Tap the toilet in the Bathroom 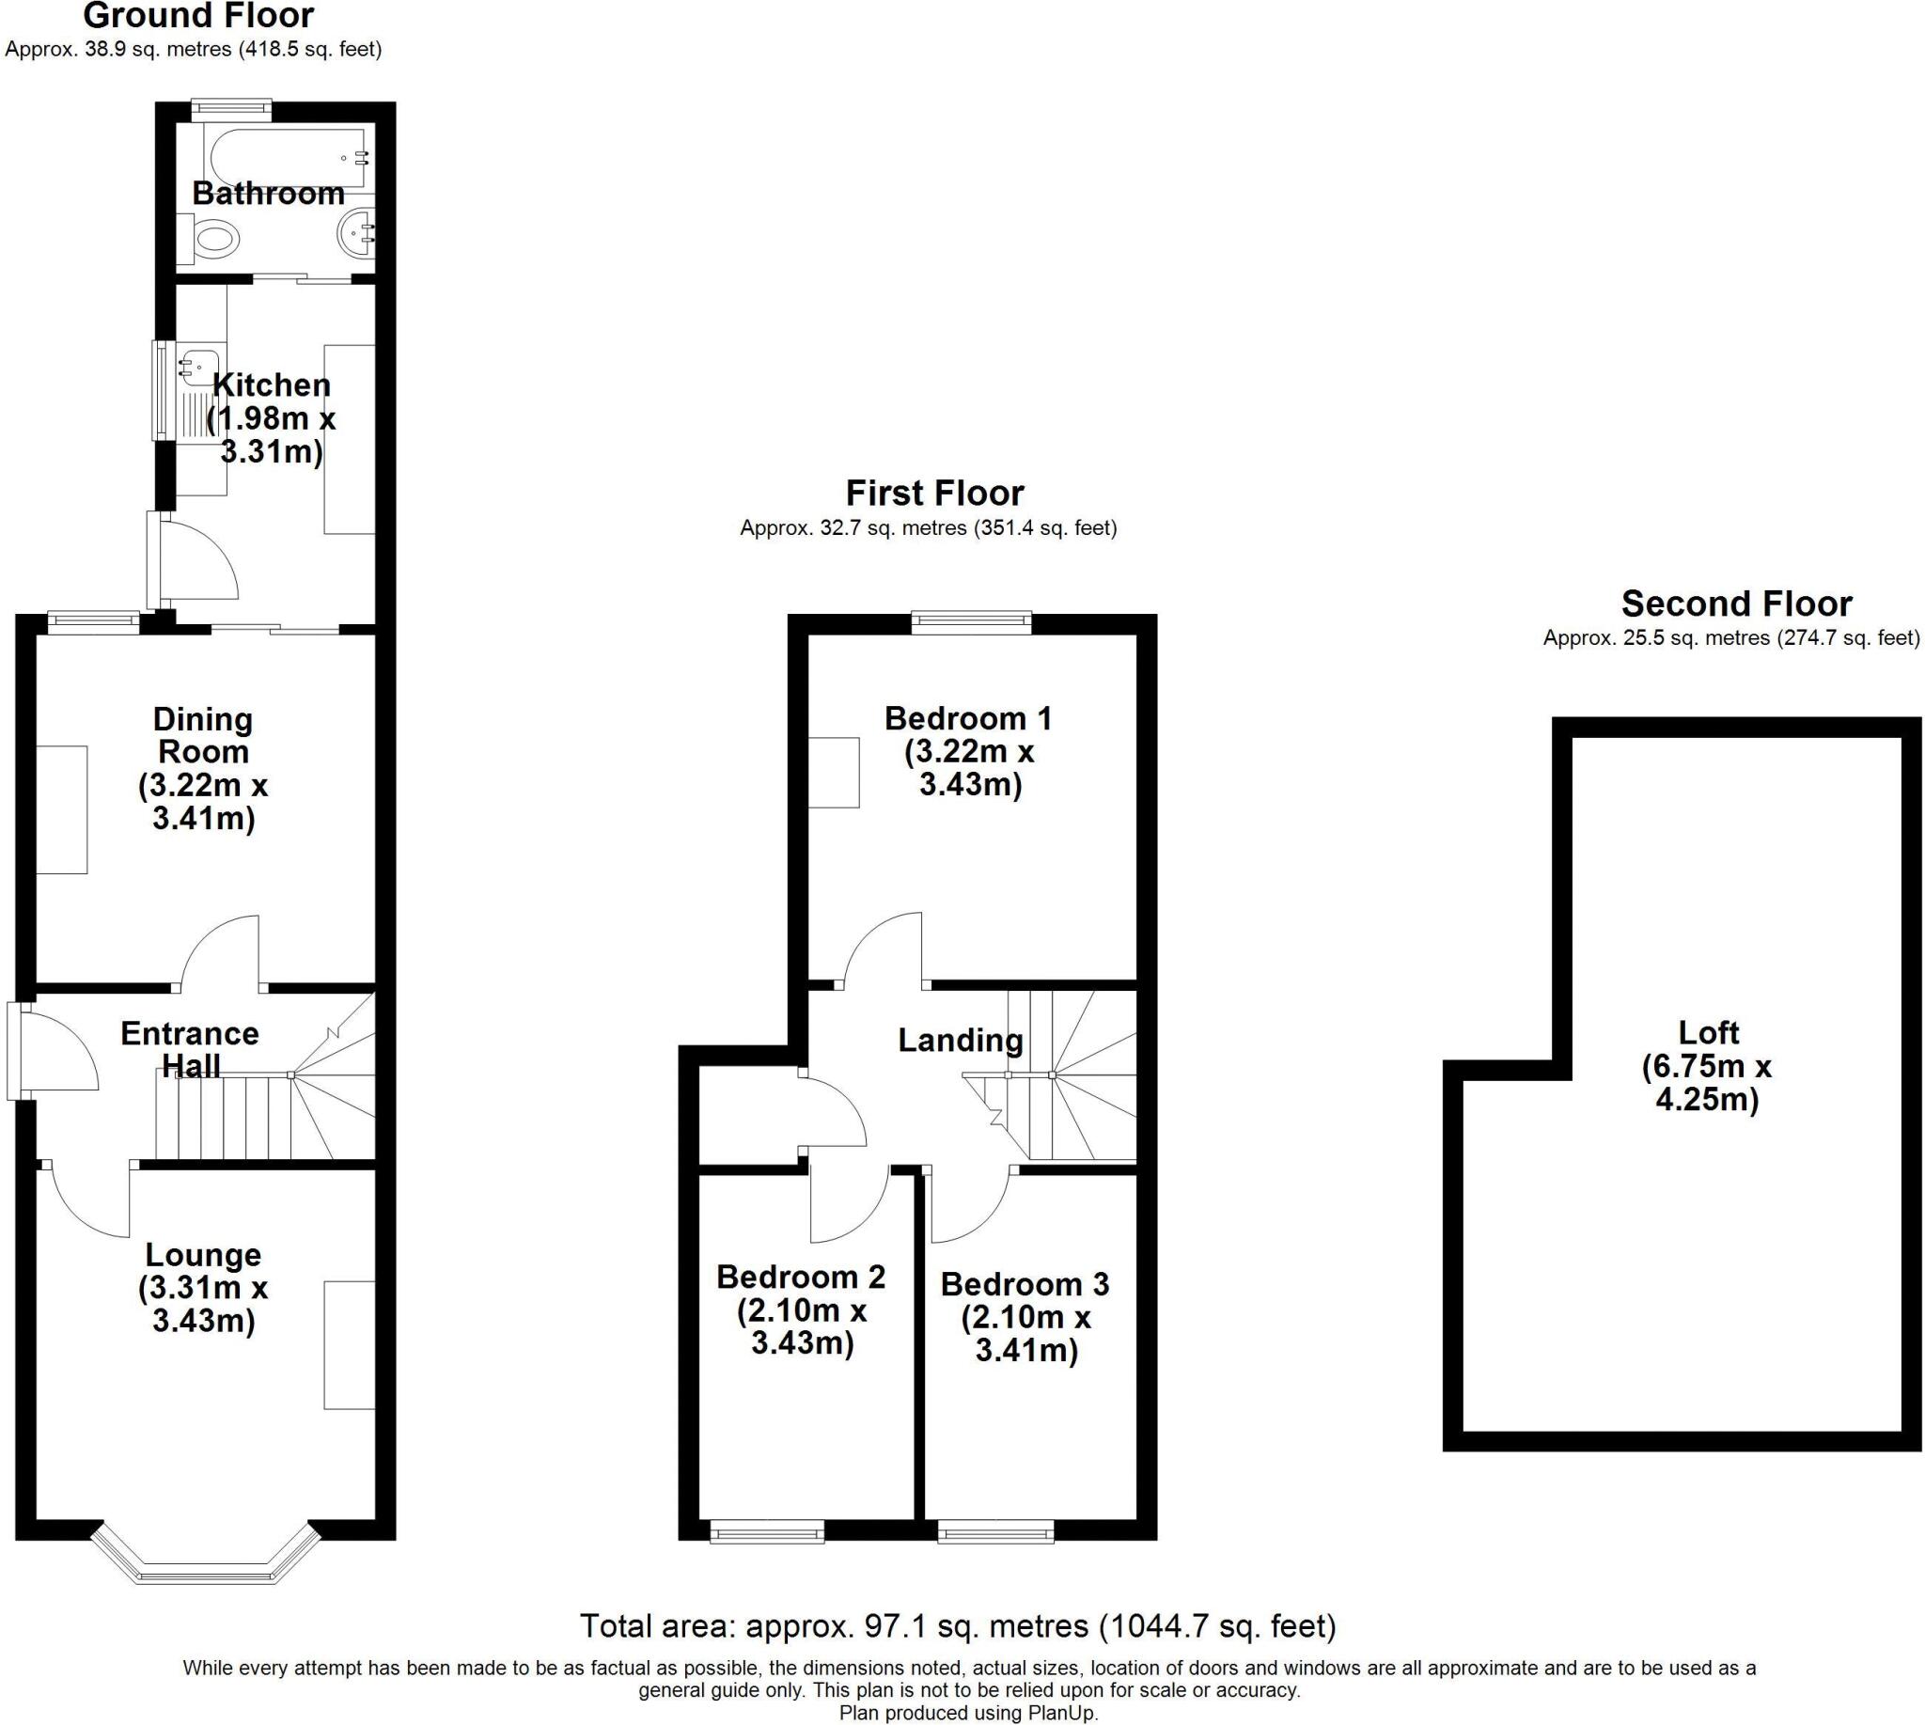tap(214, 237)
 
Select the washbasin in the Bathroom tap(356, 231)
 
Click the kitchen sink tap(201, 364)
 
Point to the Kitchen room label tap(271, 384)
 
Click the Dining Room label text tap(203, 735)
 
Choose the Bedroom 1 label tap(968, 718)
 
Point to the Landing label tap(960, 1040)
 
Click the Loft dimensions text tap(1707, 1082)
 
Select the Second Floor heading tap(1736, 604)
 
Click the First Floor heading tap(934, 493)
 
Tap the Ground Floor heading tap(198, 16)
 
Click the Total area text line tap(957, 1626)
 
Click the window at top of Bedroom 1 tap(972, 621)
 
